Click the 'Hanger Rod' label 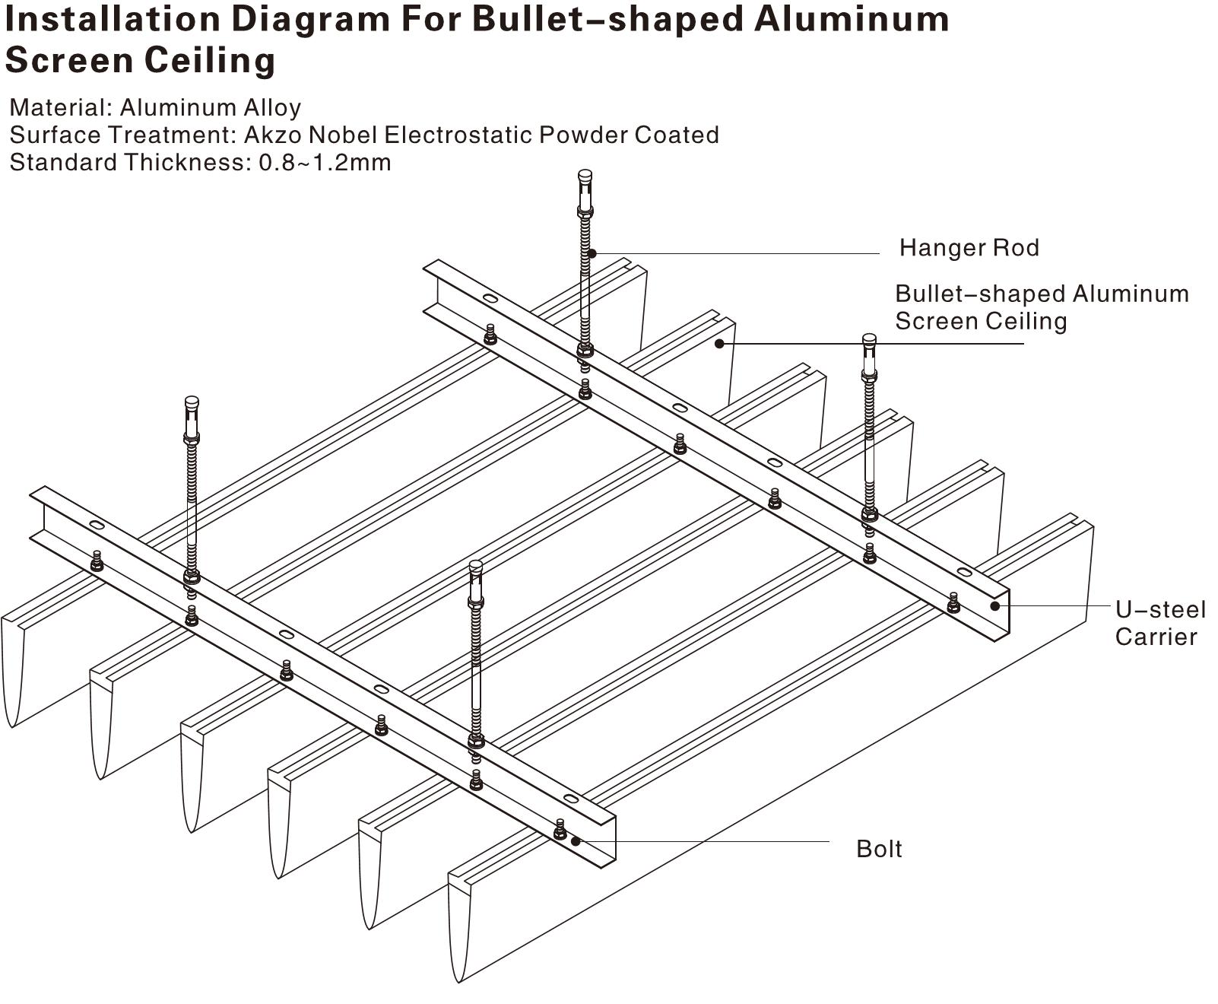point(969,248)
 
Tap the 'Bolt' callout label point(879,849)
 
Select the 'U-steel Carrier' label point(1160,623)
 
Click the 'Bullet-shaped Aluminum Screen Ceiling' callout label point(1042,307)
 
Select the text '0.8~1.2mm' point(325,162)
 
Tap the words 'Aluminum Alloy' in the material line point(210,107)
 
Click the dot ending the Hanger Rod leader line point(592,253)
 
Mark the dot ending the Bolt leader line point(576,841)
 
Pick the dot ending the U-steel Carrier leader point(994,605)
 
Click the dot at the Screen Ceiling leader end point(719,344)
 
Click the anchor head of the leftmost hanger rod point(192,404)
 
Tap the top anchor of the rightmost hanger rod point(869,342)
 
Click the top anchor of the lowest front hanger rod point(476,568)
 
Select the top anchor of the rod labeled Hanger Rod point(585,177)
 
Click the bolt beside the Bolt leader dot point(560,830)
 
